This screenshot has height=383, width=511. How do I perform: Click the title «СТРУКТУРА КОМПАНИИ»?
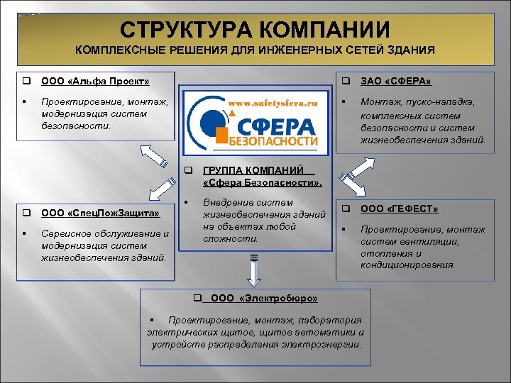pos(255,30)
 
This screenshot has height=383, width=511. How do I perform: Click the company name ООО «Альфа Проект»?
pos(95,82)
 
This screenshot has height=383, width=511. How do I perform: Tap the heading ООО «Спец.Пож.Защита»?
pos(100,212)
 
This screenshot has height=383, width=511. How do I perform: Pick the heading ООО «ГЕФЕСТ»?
pos(400,209)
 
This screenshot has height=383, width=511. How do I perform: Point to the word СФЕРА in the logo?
pos(283,128)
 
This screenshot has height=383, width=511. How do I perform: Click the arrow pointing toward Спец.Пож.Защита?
pos(161,190)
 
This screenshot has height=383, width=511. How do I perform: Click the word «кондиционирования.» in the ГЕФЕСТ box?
pos(408,265)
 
